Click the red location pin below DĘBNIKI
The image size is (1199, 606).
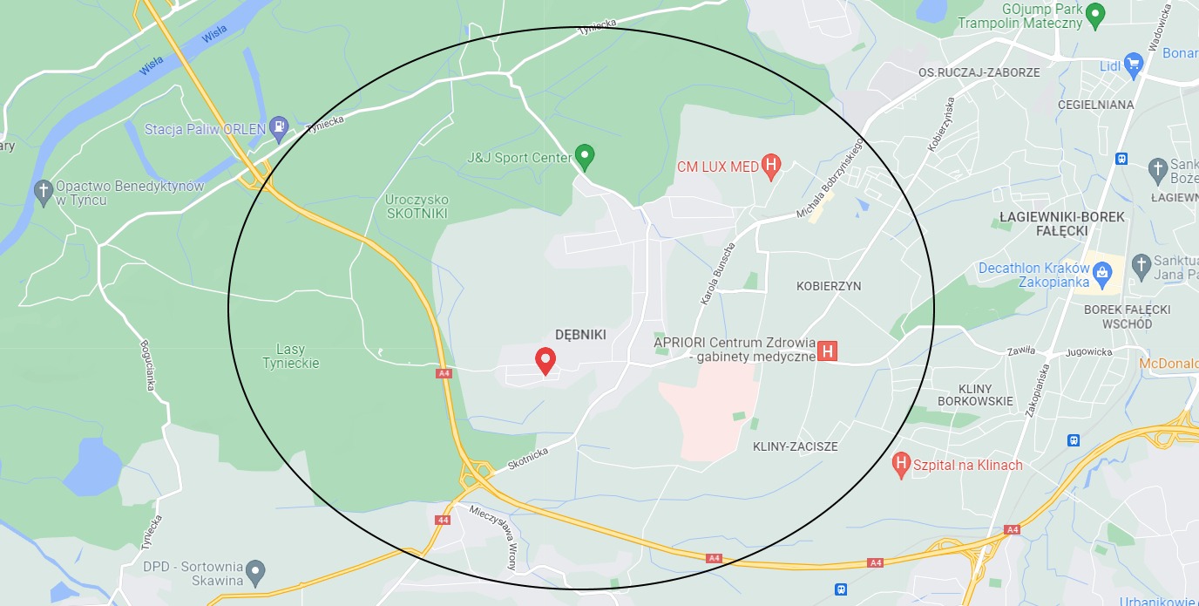(x=545, y=359)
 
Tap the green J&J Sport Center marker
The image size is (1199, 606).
(x=586, y=157)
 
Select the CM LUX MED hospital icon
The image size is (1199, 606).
(x=770, y=165)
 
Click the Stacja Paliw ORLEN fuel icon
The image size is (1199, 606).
(x=279, y=128)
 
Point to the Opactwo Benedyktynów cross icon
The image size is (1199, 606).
(x=44, y=192)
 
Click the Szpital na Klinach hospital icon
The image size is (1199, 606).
(x=903, y=465)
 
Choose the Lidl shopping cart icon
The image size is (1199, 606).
(x=1133, y=64)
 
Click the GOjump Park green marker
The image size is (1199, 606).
(x=1095, y=13)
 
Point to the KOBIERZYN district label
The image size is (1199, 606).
(x=829, y=286)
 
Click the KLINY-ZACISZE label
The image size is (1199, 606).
(x=795, y=446)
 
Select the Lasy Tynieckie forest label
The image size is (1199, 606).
(x=291, y=356)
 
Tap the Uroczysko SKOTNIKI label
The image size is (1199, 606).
(x=417, y=206)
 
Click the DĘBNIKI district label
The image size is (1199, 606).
(x=580, y=335)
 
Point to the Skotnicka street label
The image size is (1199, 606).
(x=528, y=459)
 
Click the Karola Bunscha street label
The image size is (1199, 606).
(x=718, y=274)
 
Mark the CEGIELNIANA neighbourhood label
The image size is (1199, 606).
(x=1095, y=105)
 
